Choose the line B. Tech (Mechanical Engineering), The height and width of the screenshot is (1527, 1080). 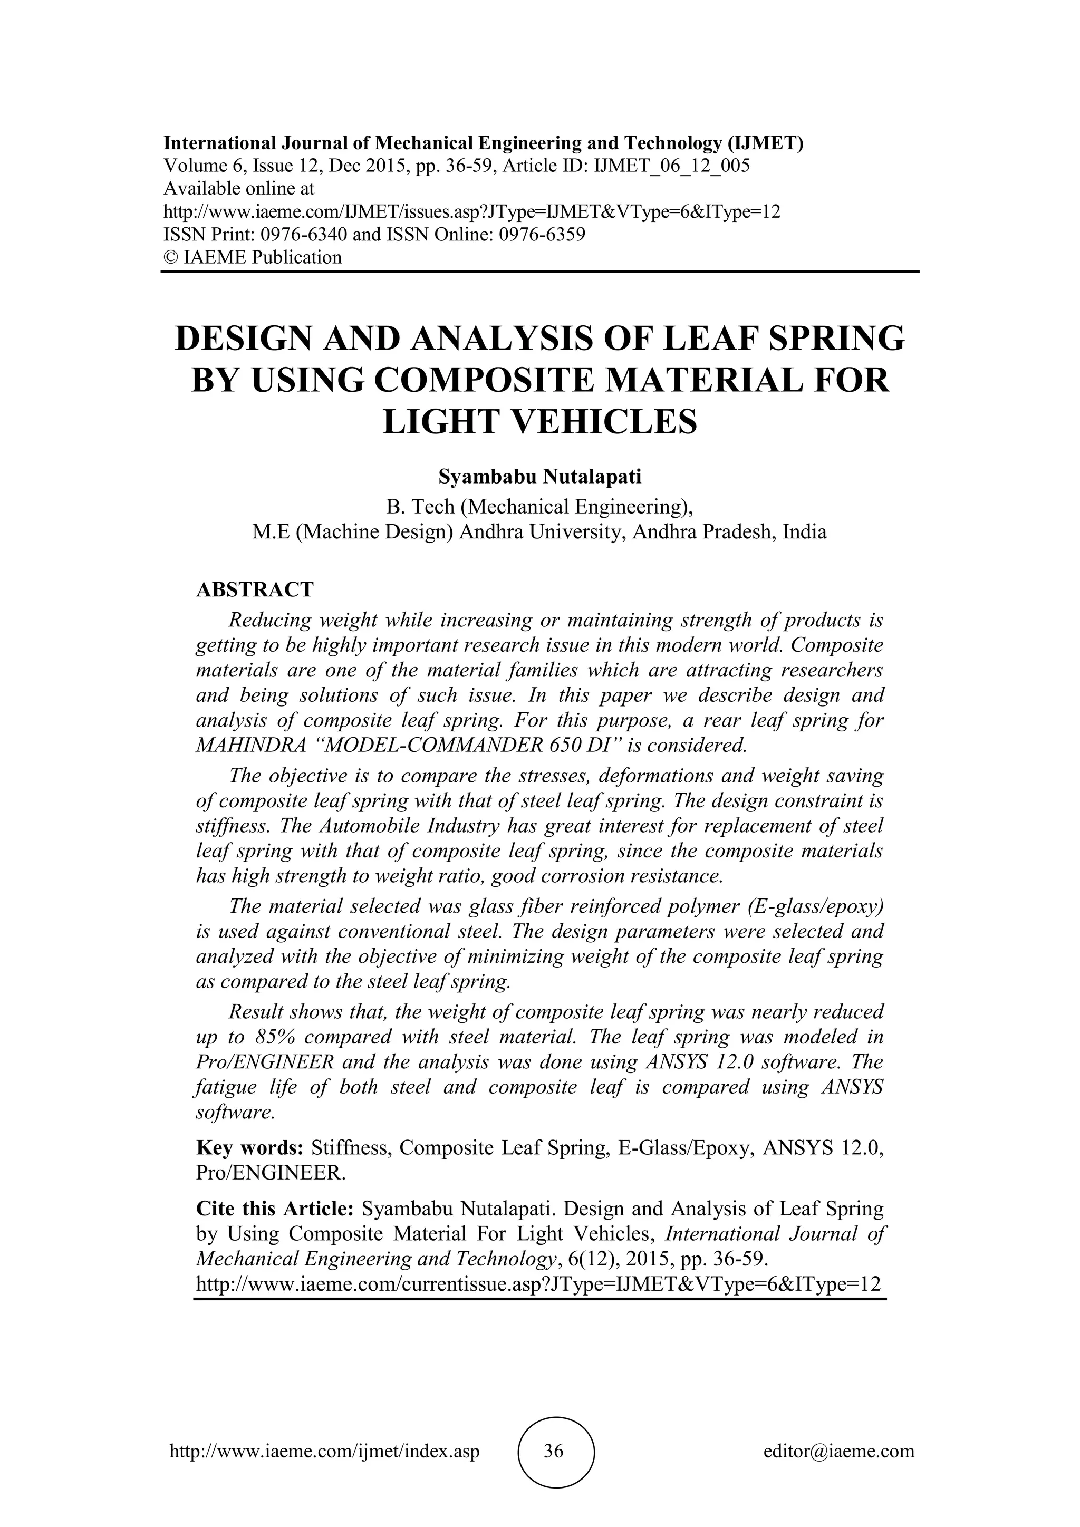coord(539,507)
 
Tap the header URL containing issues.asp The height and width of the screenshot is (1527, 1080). coord(471,212)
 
